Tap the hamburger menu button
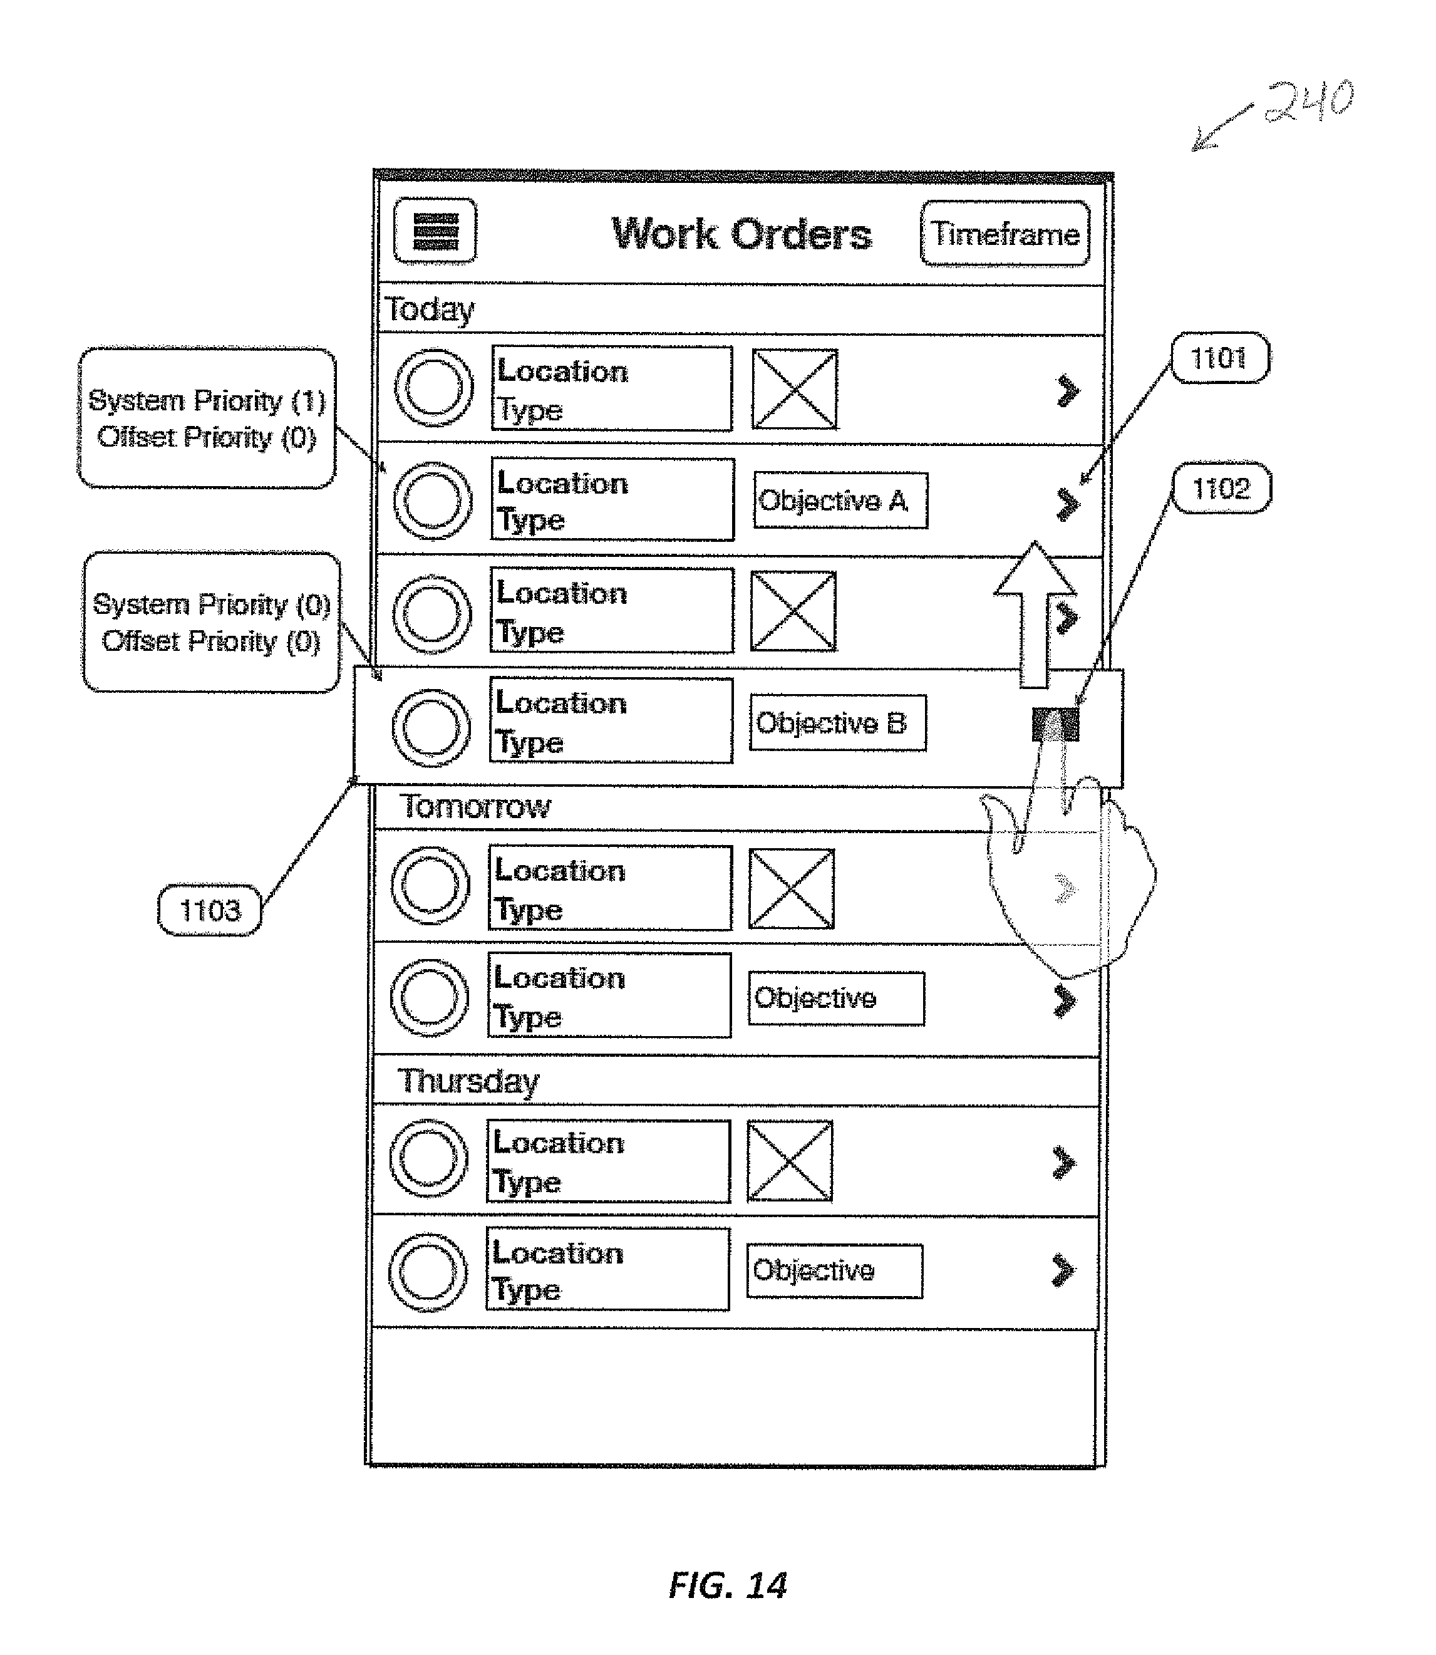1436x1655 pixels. pos(435,231)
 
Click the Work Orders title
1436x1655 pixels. pos(741,234)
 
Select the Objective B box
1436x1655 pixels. pos(837,723)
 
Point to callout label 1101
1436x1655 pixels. pos(1220,358)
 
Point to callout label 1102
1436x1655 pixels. pos(1221,488)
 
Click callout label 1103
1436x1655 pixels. pos(210,910)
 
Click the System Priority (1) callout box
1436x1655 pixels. pos(207,418)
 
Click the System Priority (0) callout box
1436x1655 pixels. pos(212,623)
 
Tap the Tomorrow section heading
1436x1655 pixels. pos(475,806)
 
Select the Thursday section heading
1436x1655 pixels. pos(469,1081)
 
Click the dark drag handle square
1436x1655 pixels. pos(1055,724)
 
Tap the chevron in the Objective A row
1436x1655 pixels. pos(1067,504)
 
